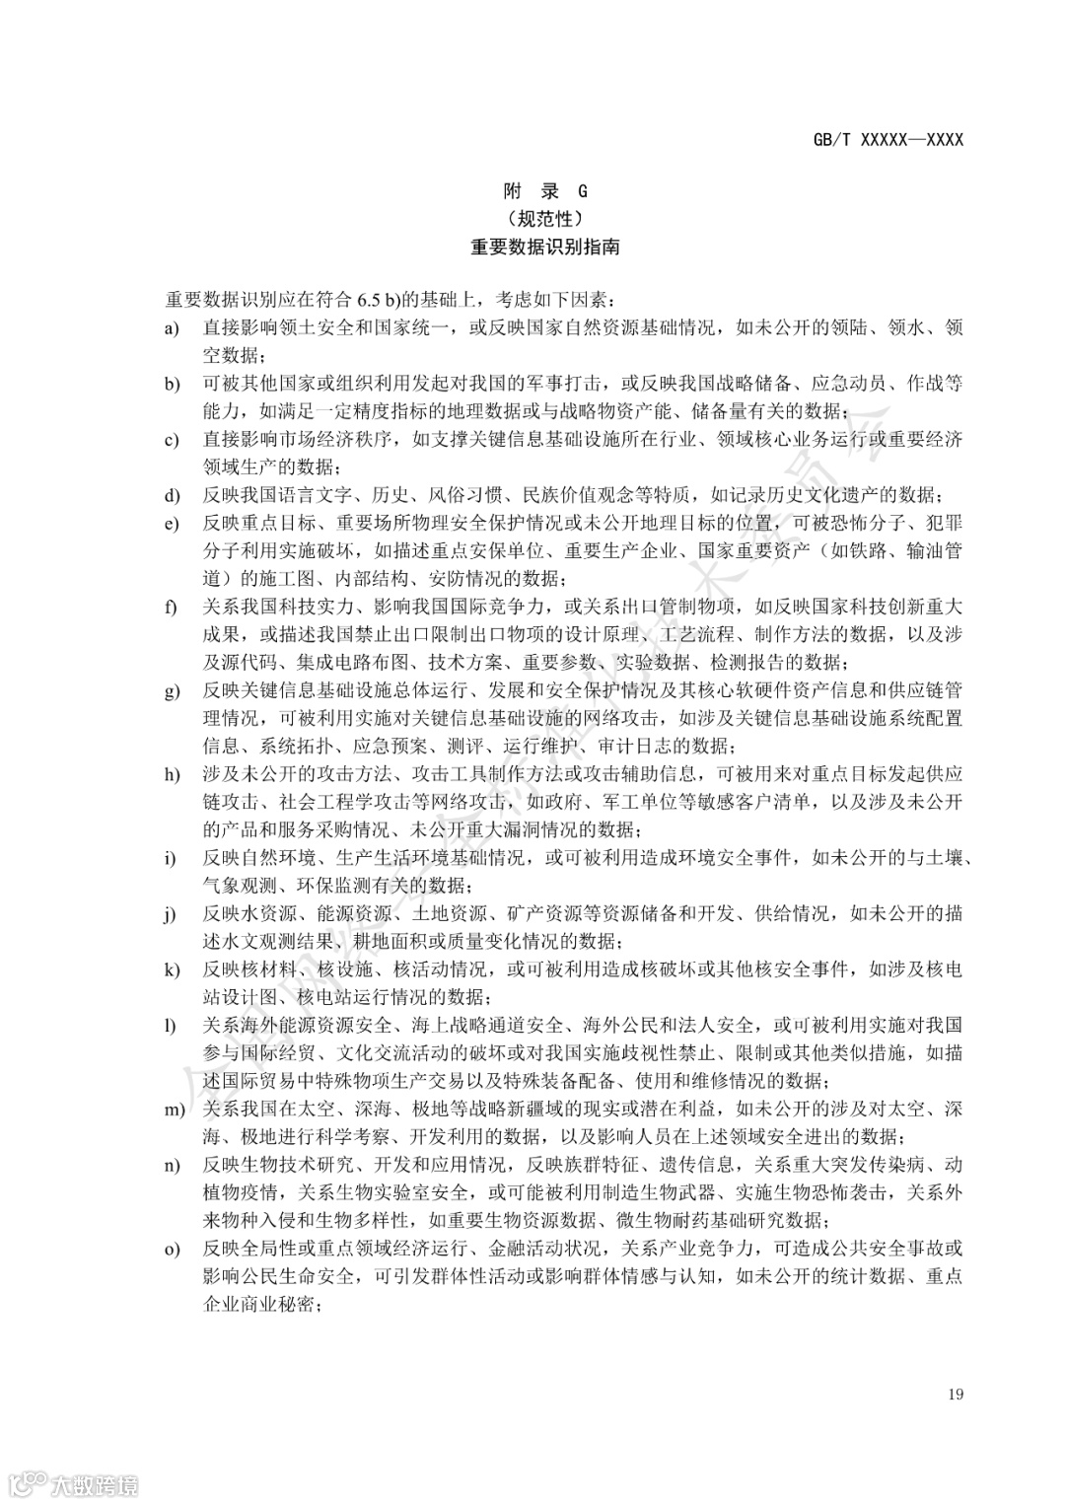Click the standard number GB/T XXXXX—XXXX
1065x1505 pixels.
(887, 140)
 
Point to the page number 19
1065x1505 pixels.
(955, 1394)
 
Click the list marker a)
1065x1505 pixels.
(172, 327)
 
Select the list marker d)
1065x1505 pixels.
(172, 495)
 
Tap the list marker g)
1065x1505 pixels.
(172, 690)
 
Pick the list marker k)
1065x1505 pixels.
(172, 969)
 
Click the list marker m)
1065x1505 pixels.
(175, 1110)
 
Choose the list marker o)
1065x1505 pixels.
(172, 1250)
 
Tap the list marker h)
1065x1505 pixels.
(172, 774)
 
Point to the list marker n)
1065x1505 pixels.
(172, 1166)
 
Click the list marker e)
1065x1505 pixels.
(172, 523)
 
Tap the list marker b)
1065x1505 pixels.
(172, 384)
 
